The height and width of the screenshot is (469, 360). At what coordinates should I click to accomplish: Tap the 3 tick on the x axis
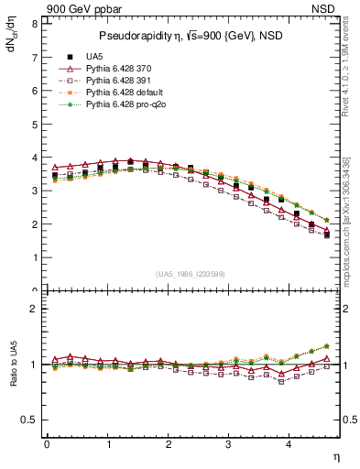pos(228,444)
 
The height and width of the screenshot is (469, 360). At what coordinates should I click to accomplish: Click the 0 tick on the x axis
pos(47,444)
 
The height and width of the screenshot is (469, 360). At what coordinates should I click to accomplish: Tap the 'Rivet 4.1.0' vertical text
pos(346,81)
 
